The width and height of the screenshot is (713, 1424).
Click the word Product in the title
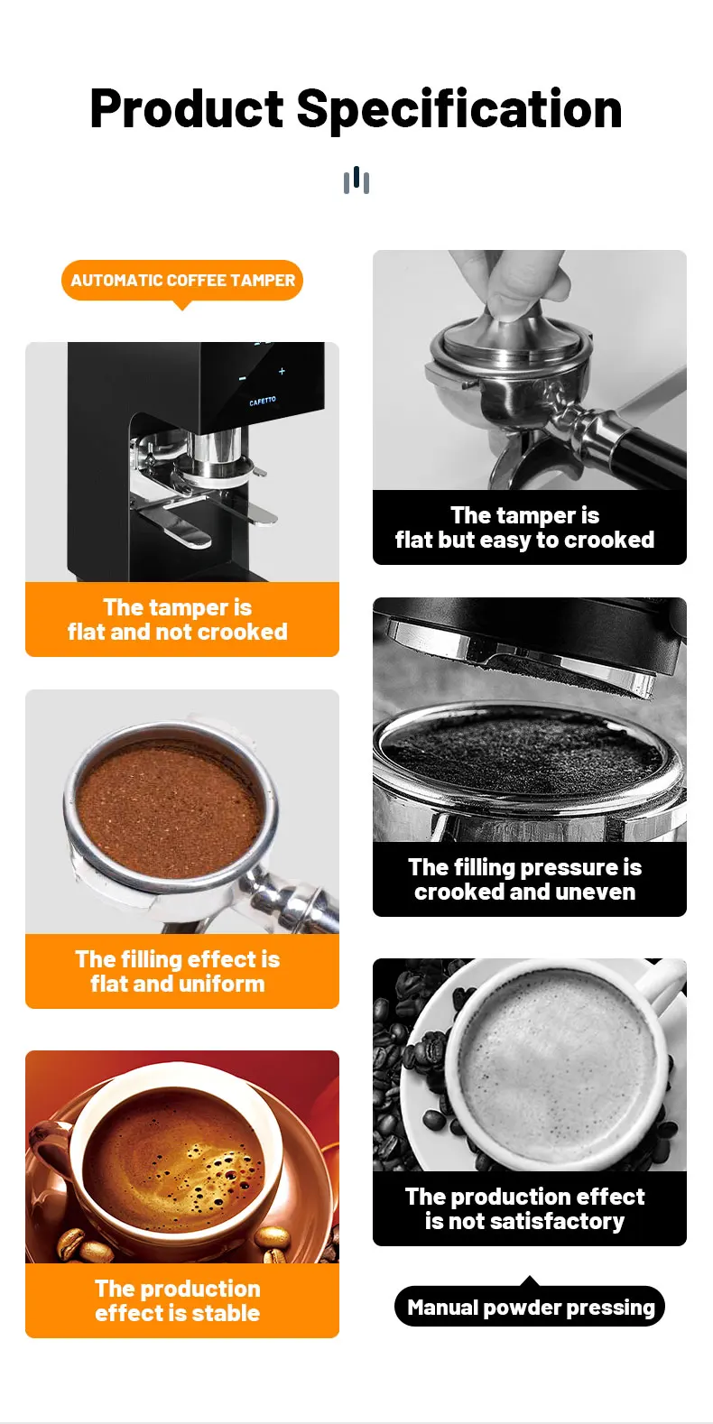click(x=187, y=108)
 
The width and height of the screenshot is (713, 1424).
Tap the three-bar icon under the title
click(x=356, y=180)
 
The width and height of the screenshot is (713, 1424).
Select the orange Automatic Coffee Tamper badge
click(x=182, y=281)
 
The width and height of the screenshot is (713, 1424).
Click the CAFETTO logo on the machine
click(x=263, y=402)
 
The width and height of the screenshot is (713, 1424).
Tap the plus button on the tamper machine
click(x=282, y=371)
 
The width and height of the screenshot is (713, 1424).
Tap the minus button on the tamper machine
click(x=243, y=379)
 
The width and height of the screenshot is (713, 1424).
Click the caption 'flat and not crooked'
click(x=178, y=632)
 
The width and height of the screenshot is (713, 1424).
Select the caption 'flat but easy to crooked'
click(x=524, y=541)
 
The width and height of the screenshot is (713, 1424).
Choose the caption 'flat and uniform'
click(x=178, y=985)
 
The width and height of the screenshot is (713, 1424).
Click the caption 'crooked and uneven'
click(x=524, y=892)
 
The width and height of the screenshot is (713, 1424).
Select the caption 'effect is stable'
click(x=178, y=1313)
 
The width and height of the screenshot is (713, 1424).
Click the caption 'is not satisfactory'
click(x=524, y=1221)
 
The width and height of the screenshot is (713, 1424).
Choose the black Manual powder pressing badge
click(x=530, y=1307)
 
